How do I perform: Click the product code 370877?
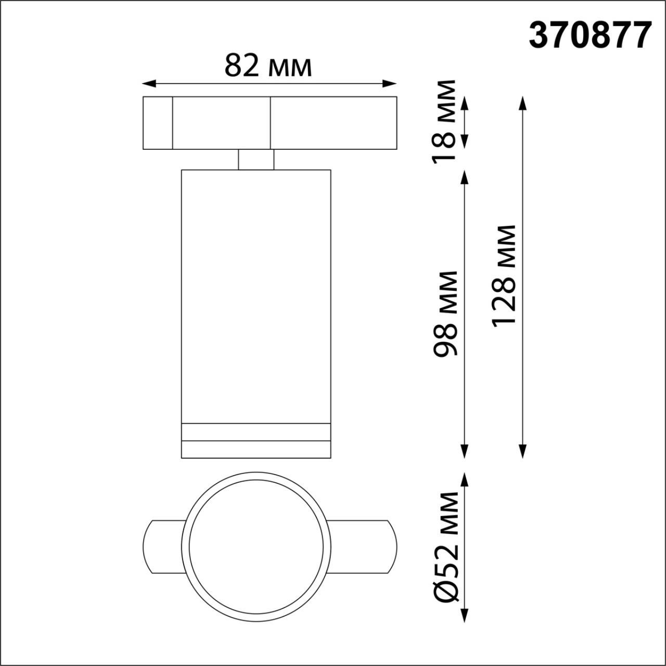[x=590, y=36]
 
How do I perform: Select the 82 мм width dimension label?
[x=268, y=66]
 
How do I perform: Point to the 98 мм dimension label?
[x=446, y=313]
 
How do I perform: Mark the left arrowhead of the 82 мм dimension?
[x=149, y=83]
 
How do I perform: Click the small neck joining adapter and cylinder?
[x=256, y=160]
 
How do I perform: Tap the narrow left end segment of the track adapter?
[x=158, y=123]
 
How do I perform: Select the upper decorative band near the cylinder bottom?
[x=256, y=432]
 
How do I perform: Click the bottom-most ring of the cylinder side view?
[x=256, y=450]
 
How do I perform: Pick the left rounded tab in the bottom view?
[x=162, y=546]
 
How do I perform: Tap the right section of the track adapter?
[x=333, y=123]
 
